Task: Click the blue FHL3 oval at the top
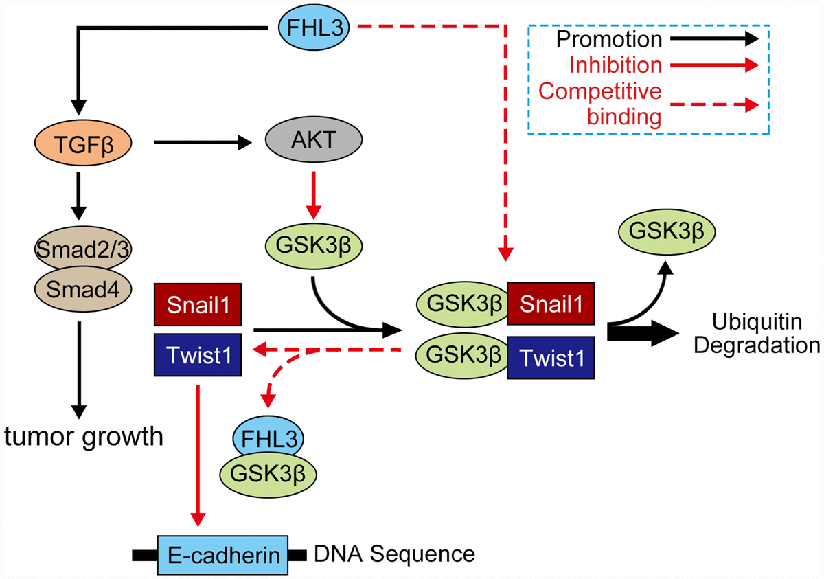317,27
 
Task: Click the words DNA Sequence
394,553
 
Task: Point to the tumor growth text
84,435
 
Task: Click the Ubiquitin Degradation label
755,332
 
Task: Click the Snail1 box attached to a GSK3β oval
551,302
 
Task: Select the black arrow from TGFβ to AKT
206,143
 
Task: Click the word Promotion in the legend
609,41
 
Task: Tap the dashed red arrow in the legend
714,104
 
